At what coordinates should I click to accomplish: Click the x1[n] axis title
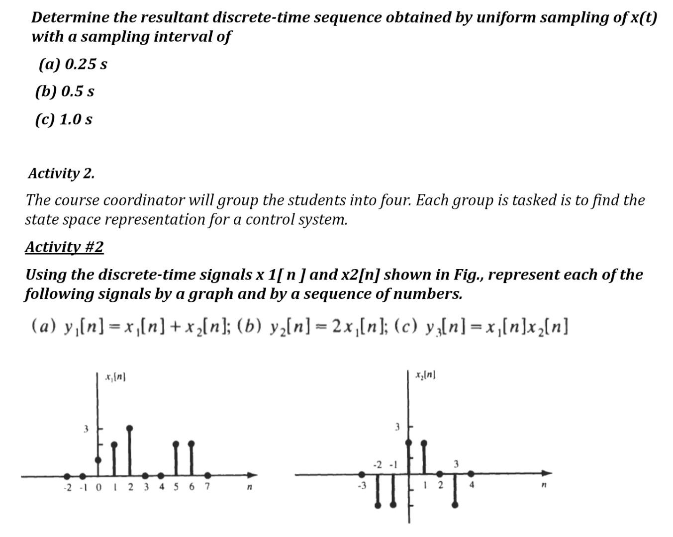pyautogui.click(x=115, y=378)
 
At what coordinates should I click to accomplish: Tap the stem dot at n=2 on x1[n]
pyautogui.click(x=130, y=428)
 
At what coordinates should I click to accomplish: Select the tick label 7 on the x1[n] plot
pyautogui.click(x=207, y=487)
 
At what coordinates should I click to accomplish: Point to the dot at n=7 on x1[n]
pyautogui.click(x=207, y=475)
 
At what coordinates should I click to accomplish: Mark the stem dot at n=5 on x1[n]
pyautogui.click(x=176, y=443)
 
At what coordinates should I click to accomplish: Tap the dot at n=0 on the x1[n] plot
pyautogui.click(x=98, y=460)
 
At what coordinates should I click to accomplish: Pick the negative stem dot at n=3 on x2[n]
pyautogui.click(x=455, y=505)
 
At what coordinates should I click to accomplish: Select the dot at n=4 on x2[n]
pyautogui.click(x=471, y=473)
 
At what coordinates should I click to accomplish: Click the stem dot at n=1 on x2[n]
pyautogui.click(x=424, y=442)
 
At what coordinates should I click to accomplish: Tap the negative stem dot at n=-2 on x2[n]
pyautogui.click(x=378, y=505)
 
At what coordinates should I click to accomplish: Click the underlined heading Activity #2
pyautogui.click(x=64, y=247)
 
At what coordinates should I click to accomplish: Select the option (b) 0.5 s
pyautogui.click(x=65, y=91)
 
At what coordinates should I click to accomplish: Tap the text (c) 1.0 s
pyautogui.click(x=64, y=119)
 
